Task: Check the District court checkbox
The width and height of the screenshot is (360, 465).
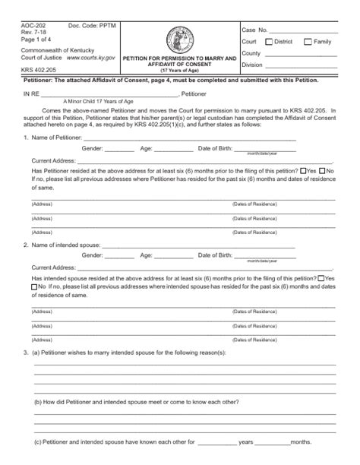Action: click(267, 42)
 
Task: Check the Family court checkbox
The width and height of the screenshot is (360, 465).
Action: click(308, 42)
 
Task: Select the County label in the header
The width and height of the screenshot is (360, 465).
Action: click(251, 53)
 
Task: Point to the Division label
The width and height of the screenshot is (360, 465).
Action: click(253, 65)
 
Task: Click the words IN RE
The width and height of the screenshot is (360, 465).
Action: click(31, 94)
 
